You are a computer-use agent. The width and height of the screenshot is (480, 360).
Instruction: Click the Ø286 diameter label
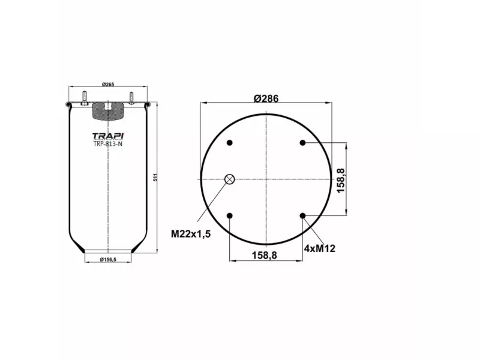(x=266, y=100)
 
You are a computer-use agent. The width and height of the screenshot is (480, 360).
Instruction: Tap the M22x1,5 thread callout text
(x=191, y=233)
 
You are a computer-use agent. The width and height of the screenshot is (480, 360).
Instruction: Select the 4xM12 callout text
(x=319, y=247)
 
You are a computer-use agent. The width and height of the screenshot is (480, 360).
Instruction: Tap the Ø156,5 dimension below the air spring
(x=108, y=259)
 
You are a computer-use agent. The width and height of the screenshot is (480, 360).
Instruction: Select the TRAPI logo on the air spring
(x=108, y=135)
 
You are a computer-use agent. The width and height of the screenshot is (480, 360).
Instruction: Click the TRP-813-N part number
(x=108, y=144)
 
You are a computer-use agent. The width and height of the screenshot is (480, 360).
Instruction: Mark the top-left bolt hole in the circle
(x=230, y=143)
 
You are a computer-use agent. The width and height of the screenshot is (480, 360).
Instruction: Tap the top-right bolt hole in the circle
(x=302, y=143)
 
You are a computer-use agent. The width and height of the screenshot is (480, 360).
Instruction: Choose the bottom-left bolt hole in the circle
(x=230, y=215)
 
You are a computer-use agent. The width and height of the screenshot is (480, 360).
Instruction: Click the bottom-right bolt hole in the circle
(x=302, y=215)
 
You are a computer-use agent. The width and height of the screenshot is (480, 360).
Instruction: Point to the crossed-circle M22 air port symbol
(x=230, y=179)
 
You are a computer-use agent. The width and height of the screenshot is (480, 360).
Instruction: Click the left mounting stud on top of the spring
(x=85, y=97)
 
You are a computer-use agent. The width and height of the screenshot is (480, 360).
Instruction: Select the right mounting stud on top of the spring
(x=130, y=97)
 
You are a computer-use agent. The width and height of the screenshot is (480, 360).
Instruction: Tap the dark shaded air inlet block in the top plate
(x=108, y=110)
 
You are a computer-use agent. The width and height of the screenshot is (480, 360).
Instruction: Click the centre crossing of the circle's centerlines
(x=266, y=179)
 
